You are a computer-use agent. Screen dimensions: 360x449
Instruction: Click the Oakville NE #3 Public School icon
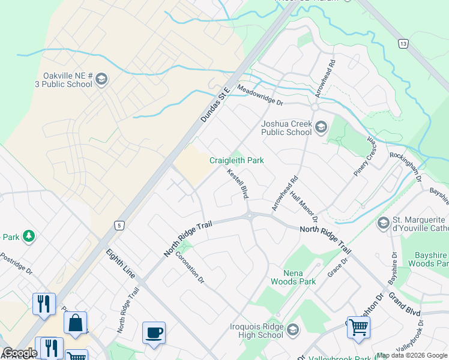101,79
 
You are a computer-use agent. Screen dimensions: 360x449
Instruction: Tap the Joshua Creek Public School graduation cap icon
321,127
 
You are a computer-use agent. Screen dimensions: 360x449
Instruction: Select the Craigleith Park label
236,160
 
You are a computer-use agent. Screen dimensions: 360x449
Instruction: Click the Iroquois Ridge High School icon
292,330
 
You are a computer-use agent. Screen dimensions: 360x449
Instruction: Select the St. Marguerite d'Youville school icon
383,223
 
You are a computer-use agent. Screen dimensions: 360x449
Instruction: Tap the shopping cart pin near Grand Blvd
358,328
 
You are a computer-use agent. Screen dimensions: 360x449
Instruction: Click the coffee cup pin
154,333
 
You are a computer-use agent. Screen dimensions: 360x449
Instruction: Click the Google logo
19,353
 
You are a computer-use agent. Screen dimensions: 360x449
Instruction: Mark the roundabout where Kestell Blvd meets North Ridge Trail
250,216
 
